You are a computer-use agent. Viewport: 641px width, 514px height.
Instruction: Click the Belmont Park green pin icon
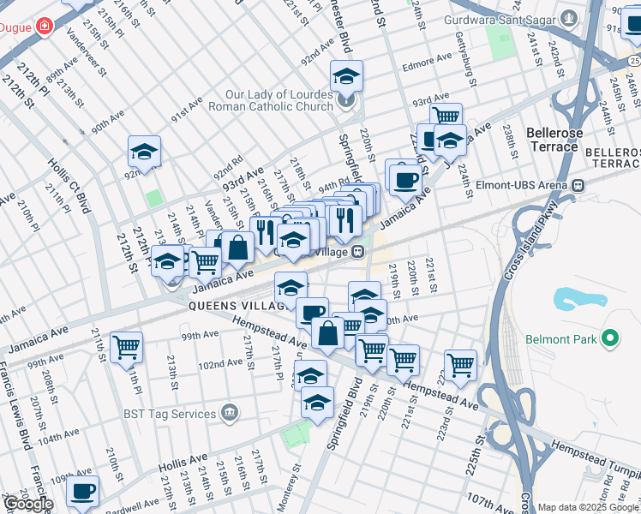(x=609, y=340)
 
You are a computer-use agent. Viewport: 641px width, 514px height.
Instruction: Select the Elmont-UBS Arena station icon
(x=578, y=184)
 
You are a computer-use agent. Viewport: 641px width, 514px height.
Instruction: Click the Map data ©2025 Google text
(x=588, y=507)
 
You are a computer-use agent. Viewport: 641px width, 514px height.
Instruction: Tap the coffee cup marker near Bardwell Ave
(x=82, y=492)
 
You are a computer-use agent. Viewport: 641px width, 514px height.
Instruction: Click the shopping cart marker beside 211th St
(x=126, y=347)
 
